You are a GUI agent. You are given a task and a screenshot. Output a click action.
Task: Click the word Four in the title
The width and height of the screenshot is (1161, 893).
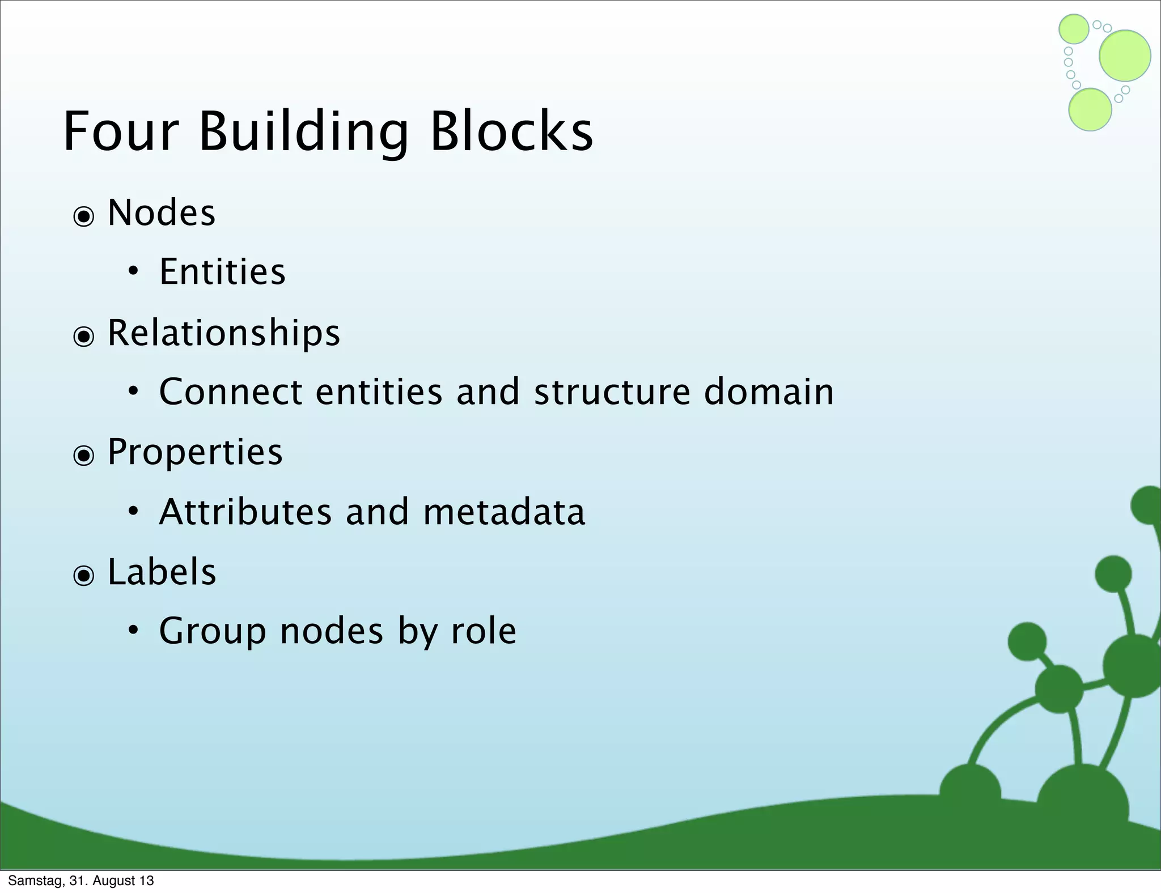click(121, 132)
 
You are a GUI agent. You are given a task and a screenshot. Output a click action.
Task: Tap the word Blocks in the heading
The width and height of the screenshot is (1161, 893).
click(511, 132)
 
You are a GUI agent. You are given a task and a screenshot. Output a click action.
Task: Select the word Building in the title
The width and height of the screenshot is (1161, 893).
click(303, 132)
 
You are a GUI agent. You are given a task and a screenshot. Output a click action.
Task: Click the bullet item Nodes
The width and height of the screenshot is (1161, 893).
click(162, 213)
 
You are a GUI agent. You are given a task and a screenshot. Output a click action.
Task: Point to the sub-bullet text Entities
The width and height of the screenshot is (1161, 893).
click(222, 272)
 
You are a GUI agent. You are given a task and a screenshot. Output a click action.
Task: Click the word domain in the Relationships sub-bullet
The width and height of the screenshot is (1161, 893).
click(769, 392)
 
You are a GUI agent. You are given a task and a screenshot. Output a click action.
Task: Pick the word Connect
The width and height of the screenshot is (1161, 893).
click(231, 392)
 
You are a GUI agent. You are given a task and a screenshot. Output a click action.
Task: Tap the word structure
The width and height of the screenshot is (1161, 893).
click(612, 392)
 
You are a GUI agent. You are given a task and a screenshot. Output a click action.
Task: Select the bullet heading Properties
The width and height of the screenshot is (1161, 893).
click(195, 453)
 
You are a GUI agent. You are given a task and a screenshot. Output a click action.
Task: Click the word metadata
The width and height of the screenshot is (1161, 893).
click(504, 512)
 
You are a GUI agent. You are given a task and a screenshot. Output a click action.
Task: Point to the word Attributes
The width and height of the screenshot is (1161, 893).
click(245, 512)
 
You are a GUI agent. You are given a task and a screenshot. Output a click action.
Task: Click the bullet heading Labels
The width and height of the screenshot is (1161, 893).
click(162, 572)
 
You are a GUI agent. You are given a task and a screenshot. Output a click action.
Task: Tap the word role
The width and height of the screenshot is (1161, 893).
click(484, 631)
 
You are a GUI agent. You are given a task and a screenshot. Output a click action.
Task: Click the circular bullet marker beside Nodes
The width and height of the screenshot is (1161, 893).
click(84, 216)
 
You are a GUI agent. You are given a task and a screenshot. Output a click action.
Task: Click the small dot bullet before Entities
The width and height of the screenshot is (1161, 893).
click(133, 272)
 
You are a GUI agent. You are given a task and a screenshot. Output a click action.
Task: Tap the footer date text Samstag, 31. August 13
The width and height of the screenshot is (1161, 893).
click(81, 881)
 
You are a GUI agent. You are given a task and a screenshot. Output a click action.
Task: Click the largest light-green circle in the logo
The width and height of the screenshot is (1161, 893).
click(1125, 56)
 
